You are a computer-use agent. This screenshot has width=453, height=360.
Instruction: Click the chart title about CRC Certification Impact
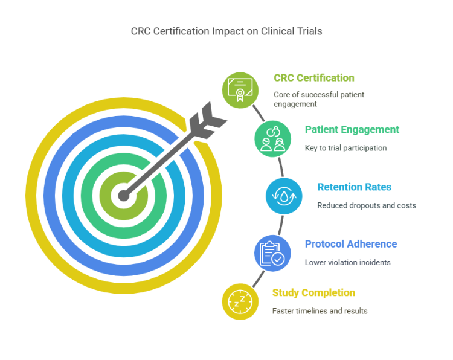(226, 31)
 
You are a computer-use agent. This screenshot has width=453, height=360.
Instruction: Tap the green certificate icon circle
(240, 90)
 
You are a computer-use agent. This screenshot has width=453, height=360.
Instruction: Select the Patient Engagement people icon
(272, 139)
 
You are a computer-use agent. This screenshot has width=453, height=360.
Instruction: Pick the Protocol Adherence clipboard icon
(272, 253)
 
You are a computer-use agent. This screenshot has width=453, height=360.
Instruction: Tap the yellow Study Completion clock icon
(240, 301)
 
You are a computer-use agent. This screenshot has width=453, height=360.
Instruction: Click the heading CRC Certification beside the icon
(313, 78)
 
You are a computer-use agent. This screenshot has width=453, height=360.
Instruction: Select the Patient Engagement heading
(352, 130)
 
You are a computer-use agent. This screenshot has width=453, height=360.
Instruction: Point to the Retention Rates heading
(356, 187)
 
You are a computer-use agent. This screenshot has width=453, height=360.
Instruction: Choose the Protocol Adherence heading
(351, 244)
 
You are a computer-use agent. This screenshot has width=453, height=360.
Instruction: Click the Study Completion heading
(313, 293)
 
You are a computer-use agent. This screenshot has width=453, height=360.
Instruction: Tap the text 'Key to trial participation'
(345, 148)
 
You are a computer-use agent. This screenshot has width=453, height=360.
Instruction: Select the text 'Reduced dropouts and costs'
(367, 205)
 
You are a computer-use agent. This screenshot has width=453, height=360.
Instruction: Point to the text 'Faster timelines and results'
(320, 311)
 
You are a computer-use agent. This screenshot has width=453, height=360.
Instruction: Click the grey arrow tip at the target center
(124, 195)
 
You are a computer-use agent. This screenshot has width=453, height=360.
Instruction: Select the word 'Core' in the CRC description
(281, 95)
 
